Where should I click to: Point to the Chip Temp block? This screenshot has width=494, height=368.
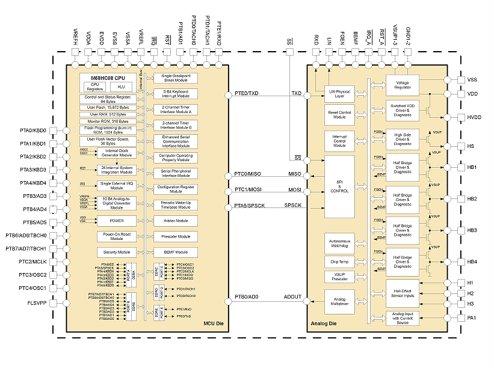339,262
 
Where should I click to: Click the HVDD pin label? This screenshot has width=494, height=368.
475,117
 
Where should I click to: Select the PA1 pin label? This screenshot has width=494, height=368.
471,317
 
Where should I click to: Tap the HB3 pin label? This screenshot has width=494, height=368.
472,230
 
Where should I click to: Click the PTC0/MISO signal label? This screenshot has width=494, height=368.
247,174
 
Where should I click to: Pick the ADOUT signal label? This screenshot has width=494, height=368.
293,296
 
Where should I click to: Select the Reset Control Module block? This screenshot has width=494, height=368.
339,114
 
